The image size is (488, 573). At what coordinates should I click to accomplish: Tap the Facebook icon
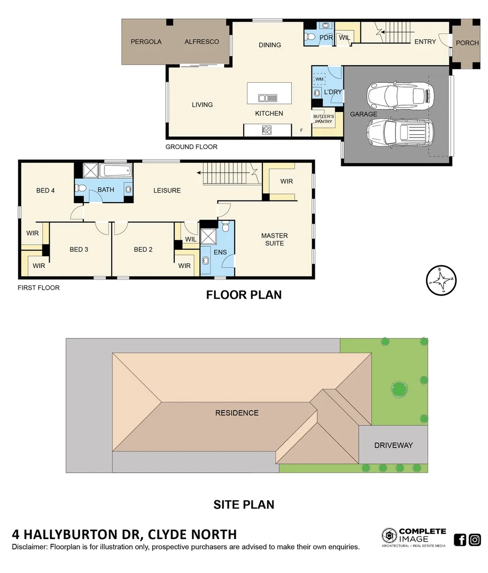pos(460,540)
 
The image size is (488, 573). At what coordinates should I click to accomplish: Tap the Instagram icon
pos(475,540)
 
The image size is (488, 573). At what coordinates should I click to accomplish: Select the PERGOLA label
pos(146,42)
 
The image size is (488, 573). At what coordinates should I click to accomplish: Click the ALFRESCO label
pos(201,42)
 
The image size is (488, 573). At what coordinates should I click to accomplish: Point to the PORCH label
pos(467,43)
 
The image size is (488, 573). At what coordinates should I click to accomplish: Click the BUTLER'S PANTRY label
pos(323,119)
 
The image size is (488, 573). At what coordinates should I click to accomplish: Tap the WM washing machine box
pos(320,79)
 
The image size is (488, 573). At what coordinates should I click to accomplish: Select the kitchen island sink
pos(268,97)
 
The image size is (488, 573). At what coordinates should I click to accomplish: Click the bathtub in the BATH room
pos(116,171)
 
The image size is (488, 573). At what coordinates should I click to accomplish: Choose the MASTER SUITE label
pos(274,239)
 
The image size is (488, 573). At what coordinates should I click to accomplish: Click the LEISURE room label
pos(167,190)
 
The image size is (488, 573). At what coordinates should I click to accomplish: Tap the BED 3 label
pos(78,249)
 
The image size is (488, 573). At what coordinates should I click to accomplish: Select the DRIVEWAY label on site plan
pos(393,445)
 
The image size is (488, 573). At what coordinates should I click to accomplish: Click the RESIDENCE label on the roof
pos(236,413)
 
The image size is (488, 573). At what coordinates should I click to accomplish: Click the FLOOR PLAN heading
pos(244,295)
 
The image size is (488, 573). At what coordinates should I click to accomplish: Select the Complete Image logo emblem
pos(389,535)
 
